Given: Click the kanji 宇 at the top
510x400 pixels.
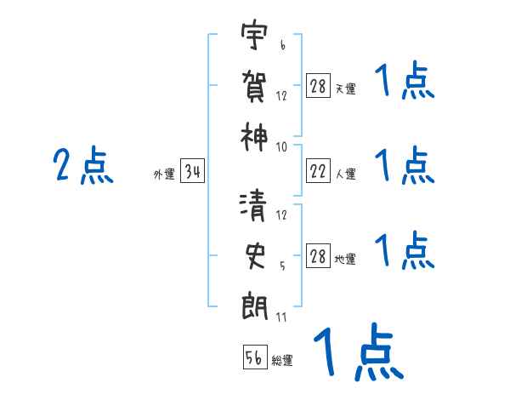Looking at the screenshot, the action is (254, 37).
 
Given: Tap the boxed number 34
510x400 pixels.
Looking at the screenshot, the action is (193, 174).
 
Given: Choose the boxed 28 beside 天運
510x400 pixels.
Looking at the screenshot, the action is (318, 87).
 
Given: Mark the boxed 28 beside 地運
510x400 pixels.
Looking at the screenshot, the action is (318, 257).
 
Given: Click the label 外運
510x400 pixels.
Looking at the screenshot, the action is (164, 175).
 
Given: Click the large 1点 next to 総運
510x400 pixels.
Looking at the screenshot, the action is (356, 351).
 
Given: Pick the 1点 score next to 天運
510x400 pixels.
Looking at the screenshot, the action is (405, 83).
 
